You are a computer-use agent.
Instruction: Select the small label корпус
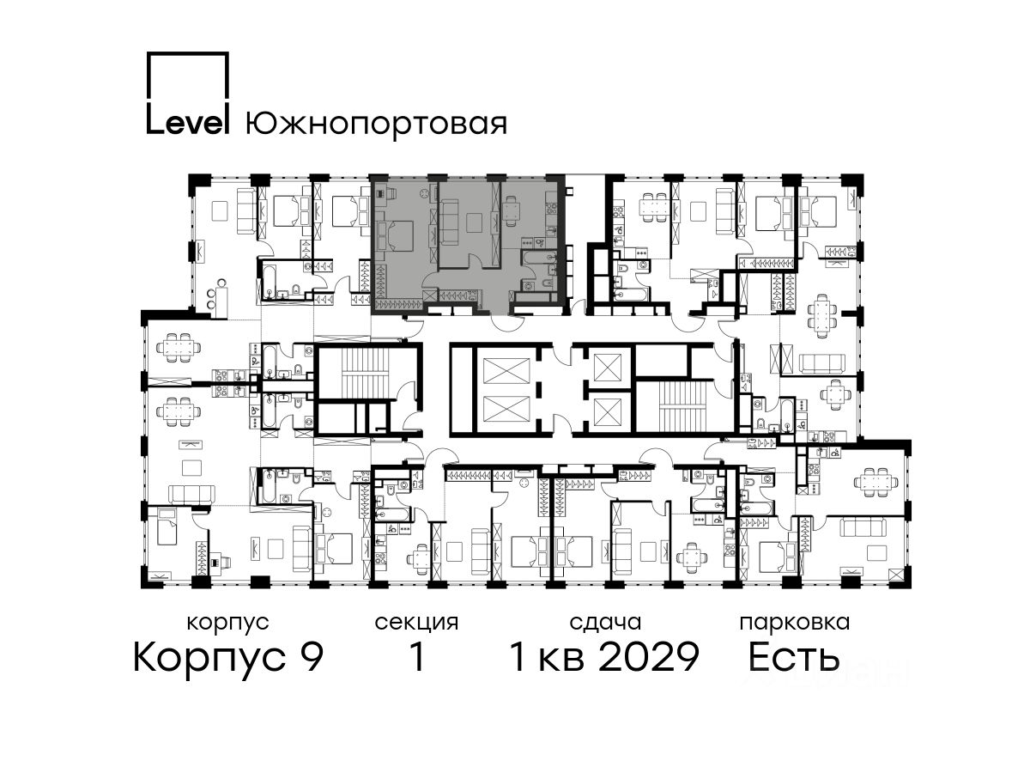pyautogui.click(x=227, y=623)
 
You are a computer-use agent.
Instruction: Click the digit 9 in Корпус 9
pyautogui.click(x=312, y=657)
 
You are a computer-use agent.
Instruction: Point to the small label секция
pyautogui.click(x=416, y=623)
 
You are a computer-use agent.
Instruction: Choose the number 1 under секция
pyautogui.click(x=418, y=657)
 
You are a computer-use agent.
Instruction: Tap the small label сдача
pyautogui.click(x=605, y=623)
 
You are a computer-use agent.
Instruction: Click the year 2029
pyautogui.click(x=650, y=657)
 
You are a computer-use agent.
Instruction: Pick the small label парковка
pyautogui.click(x=795, y=623)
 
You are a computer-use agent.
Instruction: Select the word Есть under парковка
pyautogui.click(x=793, y=657)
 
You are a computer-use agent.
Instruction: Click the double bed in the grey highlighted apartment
pyautogui.click(x=395, y=236)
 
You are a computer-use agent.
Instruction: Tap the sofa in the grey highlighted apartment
pyautogui.click(x=450, y=221)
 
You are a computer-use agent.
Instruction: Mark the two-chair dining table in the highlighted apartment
pyautogui.click(x=511, y=211)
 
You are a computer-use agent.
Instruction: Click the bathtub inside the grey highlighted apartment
pyautogui.click(x=539, y=257)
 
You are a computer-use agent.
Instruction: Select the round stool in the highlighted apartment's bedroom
pyautogui.click(x=424, y=193)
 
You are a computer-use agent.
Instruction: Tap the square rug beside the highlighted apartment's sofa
pyautogui.click(x=475, y=222)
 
